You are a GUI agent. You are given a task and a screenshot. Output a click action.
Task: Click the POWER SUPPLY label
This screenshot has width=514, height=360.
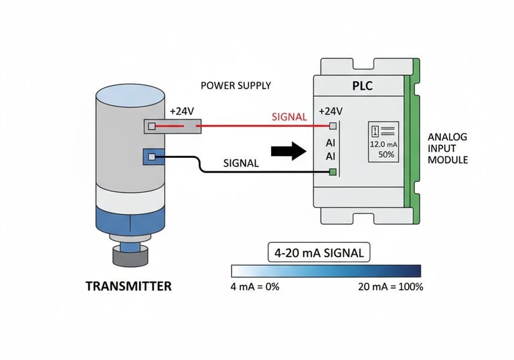(x=236, y=86)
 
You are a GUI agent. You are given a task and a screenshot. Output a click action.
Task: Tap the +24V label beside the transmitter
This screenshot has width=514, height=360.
(x=181, y=111)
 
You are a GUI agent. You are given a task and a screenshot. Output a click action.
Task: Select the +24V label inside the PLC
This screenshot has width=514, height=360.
(x=331, y=111)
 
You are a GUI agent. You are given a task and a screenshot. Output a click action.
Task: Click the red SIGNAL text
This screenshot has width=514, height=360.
(x=289, y=117)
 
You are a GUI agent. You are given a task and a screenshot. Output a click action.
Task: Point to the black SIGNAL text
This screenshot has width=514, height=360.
(x=242, y=163)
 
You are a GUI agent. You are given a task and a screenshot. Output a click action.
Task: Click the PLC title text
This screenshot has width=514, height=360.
(x=362, y=87)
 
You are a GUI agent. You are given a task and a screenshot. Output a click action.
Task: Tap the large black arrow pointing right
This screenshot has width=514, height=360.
(x=288, y=151)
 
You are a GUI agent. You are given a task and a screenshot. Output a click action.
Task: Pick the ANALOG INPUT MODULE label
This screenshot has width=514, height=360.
(x=447, y=149)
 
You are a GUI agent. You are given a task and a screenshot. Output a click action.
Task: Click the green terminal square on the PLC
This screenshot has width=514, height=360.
(x=332, y=173)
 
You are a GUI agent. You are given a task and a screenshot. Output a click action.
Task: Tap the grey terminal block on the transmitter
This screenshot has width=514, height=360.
(x=172, y=126)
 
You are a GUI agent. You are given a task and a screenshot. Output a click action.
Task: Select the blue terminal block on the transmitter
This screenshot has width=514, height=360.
(x=153, y=157)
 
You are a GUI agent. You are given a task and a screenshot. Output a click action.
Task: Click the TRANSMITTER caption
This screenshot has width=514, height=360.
(x=128, y=286)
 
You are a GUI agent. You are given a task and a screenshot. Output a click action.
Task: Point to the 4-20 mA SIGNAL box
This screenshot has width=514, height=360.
(x=319, y=253)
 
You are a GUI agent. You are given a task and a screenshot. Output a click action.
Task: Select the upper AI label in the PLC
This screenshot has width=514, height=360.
(x=331, y=143)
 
